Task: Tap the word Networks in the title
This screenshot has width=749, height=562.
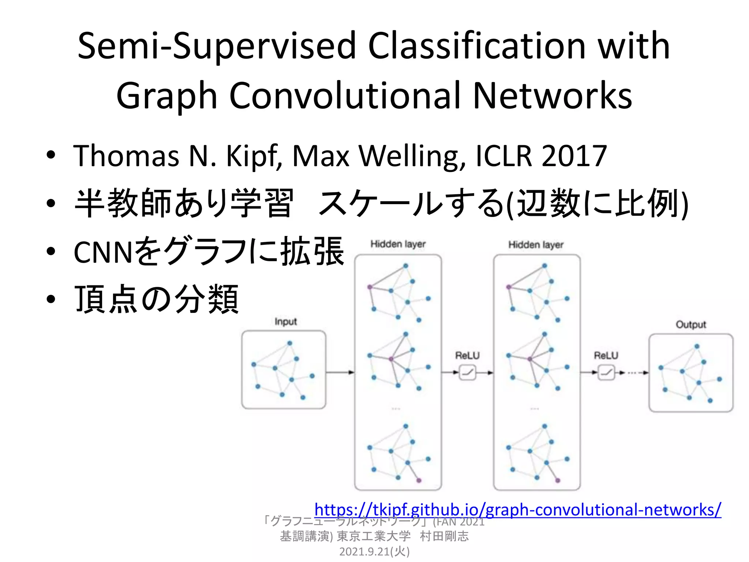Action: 552,96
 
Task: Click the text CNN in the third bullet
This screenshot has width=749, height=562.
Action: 103,252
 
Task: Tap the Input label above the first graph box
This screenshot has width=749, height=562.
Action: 286,322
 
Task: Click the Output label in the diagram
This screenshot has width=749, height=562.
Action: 690,325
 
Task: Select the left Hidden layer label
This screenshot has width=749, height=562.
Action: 398,244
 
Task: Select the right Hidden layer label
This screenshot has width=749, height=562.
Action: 536,244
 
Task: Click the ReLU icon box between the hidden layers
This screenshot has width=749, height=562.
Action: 467,373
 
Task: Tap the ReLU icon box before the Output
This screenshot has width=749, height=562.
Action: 606,373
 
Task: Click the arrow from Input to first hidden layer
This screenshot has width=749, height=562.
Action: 340,372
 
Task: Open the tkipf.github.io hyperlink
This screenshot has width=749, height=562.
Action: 517,510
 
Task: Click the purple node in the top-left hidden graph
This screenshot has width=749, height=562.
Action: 370,287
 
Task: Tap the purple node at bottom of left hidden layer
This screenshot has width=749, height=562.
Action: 419,480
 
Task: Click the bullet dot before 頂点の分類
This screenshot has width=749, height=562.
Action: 51,299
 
